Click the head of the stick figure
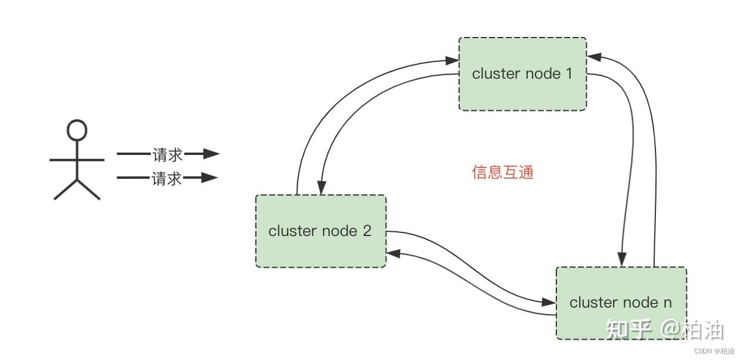coord(77,129)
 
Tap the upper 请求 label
coord(167,154)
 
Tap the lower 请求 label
coord(167,178)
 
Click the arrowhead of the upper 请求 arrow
coord(212,154)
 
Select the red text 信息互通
coord(503,172)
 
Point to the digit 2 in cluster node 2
coord(367,231)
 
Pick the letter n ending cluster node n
coord(667,302)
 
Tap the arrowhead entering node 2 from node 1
coord(321,187)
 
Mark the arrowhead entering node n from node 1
coord(622,259)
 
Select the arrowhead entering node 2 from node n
coord(394,253)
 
